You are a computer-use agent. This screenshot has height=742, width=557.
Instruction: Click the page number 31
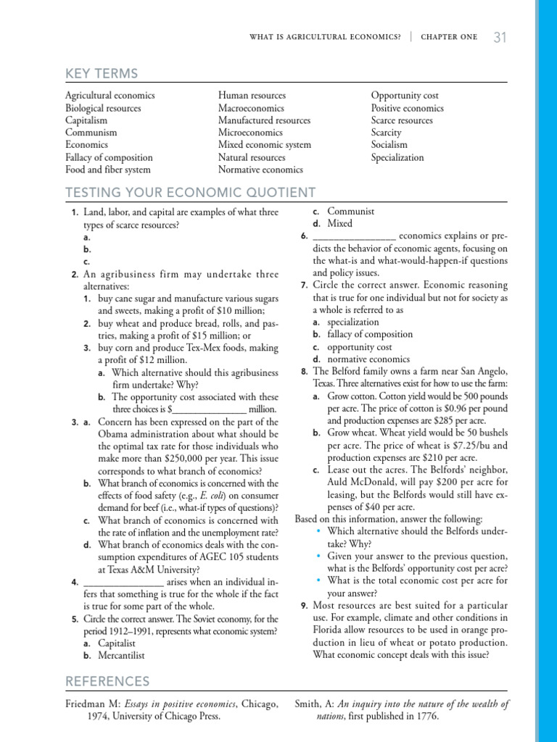500,37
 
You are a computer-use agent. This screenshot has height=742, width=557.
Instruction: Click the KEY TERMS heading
102,73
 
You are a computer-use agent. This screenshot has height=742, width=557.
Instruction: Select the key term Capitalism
86,120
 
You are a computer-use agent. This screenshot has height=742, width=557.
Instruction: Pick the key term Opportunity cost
405,96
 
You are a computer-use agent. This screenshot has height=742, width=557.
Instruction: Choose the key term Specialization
397,157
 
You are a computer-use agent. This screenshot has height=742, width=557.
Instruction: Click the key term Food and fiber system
108,170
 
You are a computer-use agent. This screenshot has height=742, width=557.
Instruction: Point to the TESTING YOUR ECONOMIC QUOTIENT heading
191,193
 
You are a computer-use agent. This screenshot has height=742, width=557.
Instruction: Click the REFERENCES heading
107,682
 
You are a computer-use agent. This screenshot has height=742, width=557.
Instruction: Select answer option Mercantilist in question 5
121,656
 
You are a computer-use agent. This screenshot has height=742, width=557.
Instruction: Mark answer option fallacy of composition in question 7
370,335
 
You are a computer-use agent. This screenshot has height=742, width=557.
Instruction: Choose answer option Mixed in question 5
339,224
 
